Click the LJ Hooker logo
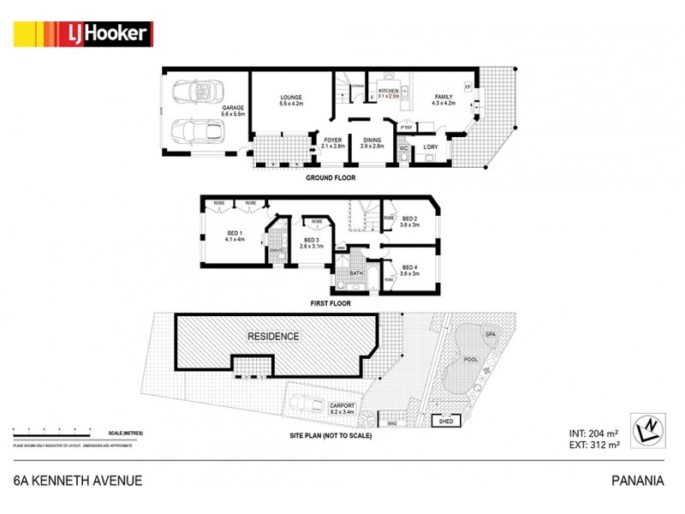tap(82, 34)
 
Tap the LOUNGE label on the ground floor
tap(290, 99)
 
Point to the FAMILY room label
tap(444, 98)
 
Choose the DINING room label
tap(372, 141)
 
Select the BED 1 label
tap(235, 234)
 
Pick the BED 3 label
tap(310, 241)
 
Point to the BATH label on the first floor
tap(355, 274)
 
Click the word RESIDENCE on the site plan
tap(274, 337)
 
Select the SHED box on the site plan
tap(445, 421)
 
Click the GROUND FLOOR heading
tap(331, 178)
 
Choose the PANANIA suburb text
tap(639, 481)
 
